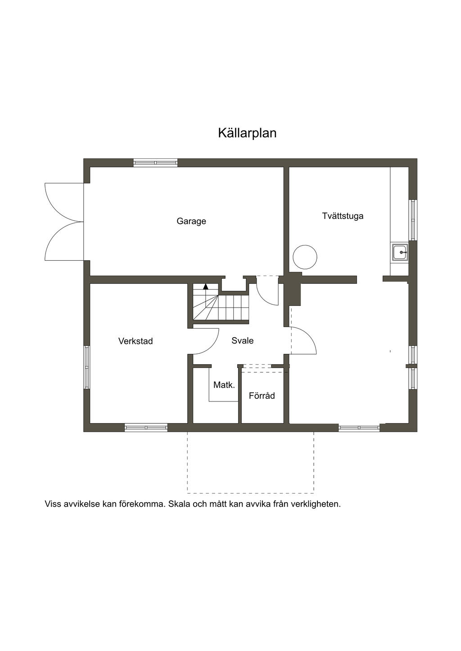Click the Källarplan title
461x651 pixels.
(247, 133)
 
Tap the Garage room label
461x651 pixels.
(191, 221)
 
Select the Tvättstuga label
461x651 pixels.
(343, 216)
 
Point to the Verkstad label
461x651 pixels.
(136, 341)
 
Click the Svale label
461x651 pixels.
(243, 341)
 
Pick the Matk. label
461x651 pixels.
(224, 385)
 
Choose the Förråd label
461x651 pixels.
(262, 396)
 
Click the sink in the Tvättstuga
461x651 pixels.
(400, 253)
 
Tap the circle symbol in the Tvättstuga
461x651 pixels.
(305, 257)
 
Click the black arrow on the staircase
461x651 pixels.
(206, 286)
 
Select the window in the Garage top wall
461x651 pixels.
(155, 163)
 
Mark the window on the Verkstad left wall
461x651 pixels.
(87, 367)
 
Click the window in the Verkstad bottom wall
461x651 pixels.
(146, 428)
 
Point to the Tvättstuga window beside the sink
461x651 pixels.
(413, 219)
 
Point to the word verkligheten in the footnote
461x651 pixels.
(316, 504)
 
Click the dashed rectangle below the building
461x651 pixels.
(250, 463)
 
